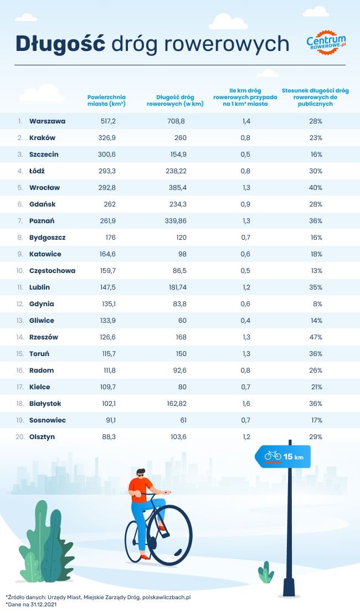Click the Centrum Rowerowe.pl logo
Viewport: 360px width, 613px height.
326,42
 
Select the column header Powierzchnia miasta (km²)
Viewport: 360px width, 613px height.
106,100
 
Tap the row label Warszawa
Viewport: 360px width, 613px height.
48,121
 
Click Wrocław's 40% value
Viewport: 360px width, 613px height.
316,187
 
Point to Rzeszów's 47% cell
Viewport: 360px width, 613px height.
316,337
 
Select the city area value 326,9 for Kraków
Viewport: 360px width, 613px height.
106,137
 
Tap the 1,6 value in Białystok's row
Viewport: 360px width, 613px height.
246,403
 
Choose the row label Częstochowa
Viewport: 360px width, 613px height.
52,270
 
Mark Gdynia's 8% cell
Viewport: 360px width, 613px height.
317,303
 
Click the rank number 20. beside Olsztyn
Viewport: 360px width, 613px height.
20,436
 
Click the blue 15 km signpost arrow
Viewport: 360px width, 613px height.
283,456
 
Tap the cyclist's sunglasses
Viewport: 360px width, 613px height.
140,475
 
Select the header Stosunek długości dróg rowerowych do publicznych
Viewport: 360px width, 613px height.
315,97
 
